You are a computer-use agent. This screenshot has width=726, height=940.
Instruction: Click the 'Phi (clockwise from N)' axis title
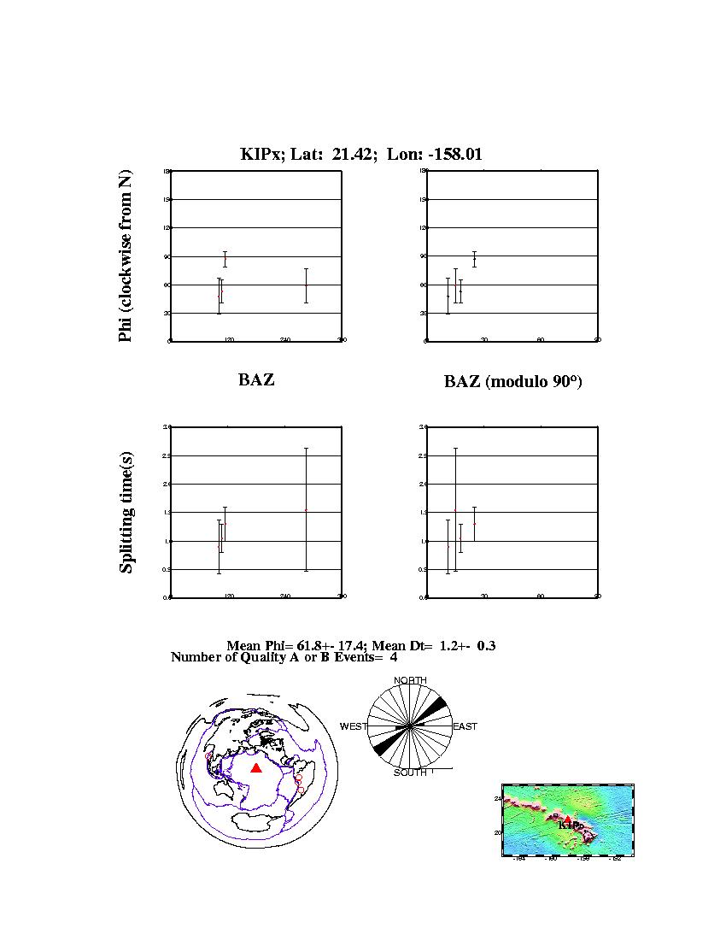pyautogui.click(x=126, y=256)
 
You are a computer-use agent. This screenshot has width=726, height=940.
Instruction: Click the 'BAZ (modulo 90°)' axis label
pyautogui.click(x=512, y=382)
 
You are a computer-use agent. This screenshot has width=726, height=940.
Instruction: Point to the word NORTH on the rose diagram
pyautogui.click(x=410, y=680)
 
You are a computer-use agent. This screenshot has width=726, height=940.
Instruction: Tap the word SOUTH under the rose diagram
pyautogui.click(x=410, y=773)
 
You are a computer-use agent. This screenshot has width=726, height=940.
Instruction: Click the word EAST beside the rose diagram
pyautogui.click(x=465, y=726)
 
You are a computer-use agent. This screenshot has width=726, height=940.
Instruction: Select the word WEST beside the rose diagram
pyautogui.click(x=353, y=726)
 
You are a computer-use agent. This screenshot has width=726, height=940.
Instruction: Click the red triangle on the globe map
pyautogui.click(x=255, y=768)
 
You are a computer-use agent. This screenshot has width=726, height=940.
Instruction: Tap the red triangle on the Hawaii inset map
pyautogui.click(x=568, y=820)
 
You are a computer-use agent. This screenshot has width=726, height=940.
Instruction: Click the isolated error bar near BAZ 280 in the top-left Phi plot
pyautogui.click(x=306, y=285)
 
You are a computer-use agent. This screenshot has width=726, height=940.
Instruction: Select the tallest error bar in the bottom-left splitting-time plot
pyautogui.click(x=306, y=508)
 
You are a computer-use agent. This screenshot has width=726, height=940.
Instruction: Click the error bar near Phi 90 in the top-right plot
pyautogui.click(x=474, y=259)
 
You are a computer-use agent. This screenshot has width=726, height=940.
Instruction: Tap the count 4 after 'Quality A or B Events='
pyautogui.click(x=394, y=657)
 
